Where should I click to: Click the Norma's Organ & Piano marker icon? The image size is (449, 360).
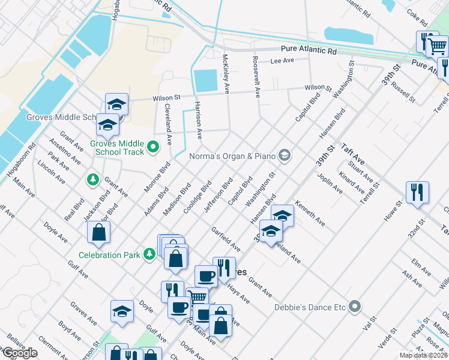tap(284, 156)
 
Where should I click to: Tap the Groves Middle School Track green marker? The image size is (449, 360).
tap(153, 146)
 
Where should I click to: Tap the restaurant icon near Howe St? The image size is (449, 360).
tap(417, 193)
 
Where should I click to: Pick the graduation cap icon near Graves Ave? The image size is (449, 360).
tap(122, 311)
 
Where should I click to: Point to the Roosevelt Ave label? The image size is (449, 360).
tap(256, 77)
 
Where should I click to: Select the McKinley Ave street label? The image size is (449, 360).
tap(226, 74)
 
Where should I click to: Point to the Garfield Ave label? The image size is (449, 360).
tap(226, 239)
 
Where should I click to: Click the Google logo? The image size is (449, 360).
tap(20, 353)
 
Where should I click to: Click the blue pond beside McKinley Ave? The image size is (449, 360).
tap(205, 80)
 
